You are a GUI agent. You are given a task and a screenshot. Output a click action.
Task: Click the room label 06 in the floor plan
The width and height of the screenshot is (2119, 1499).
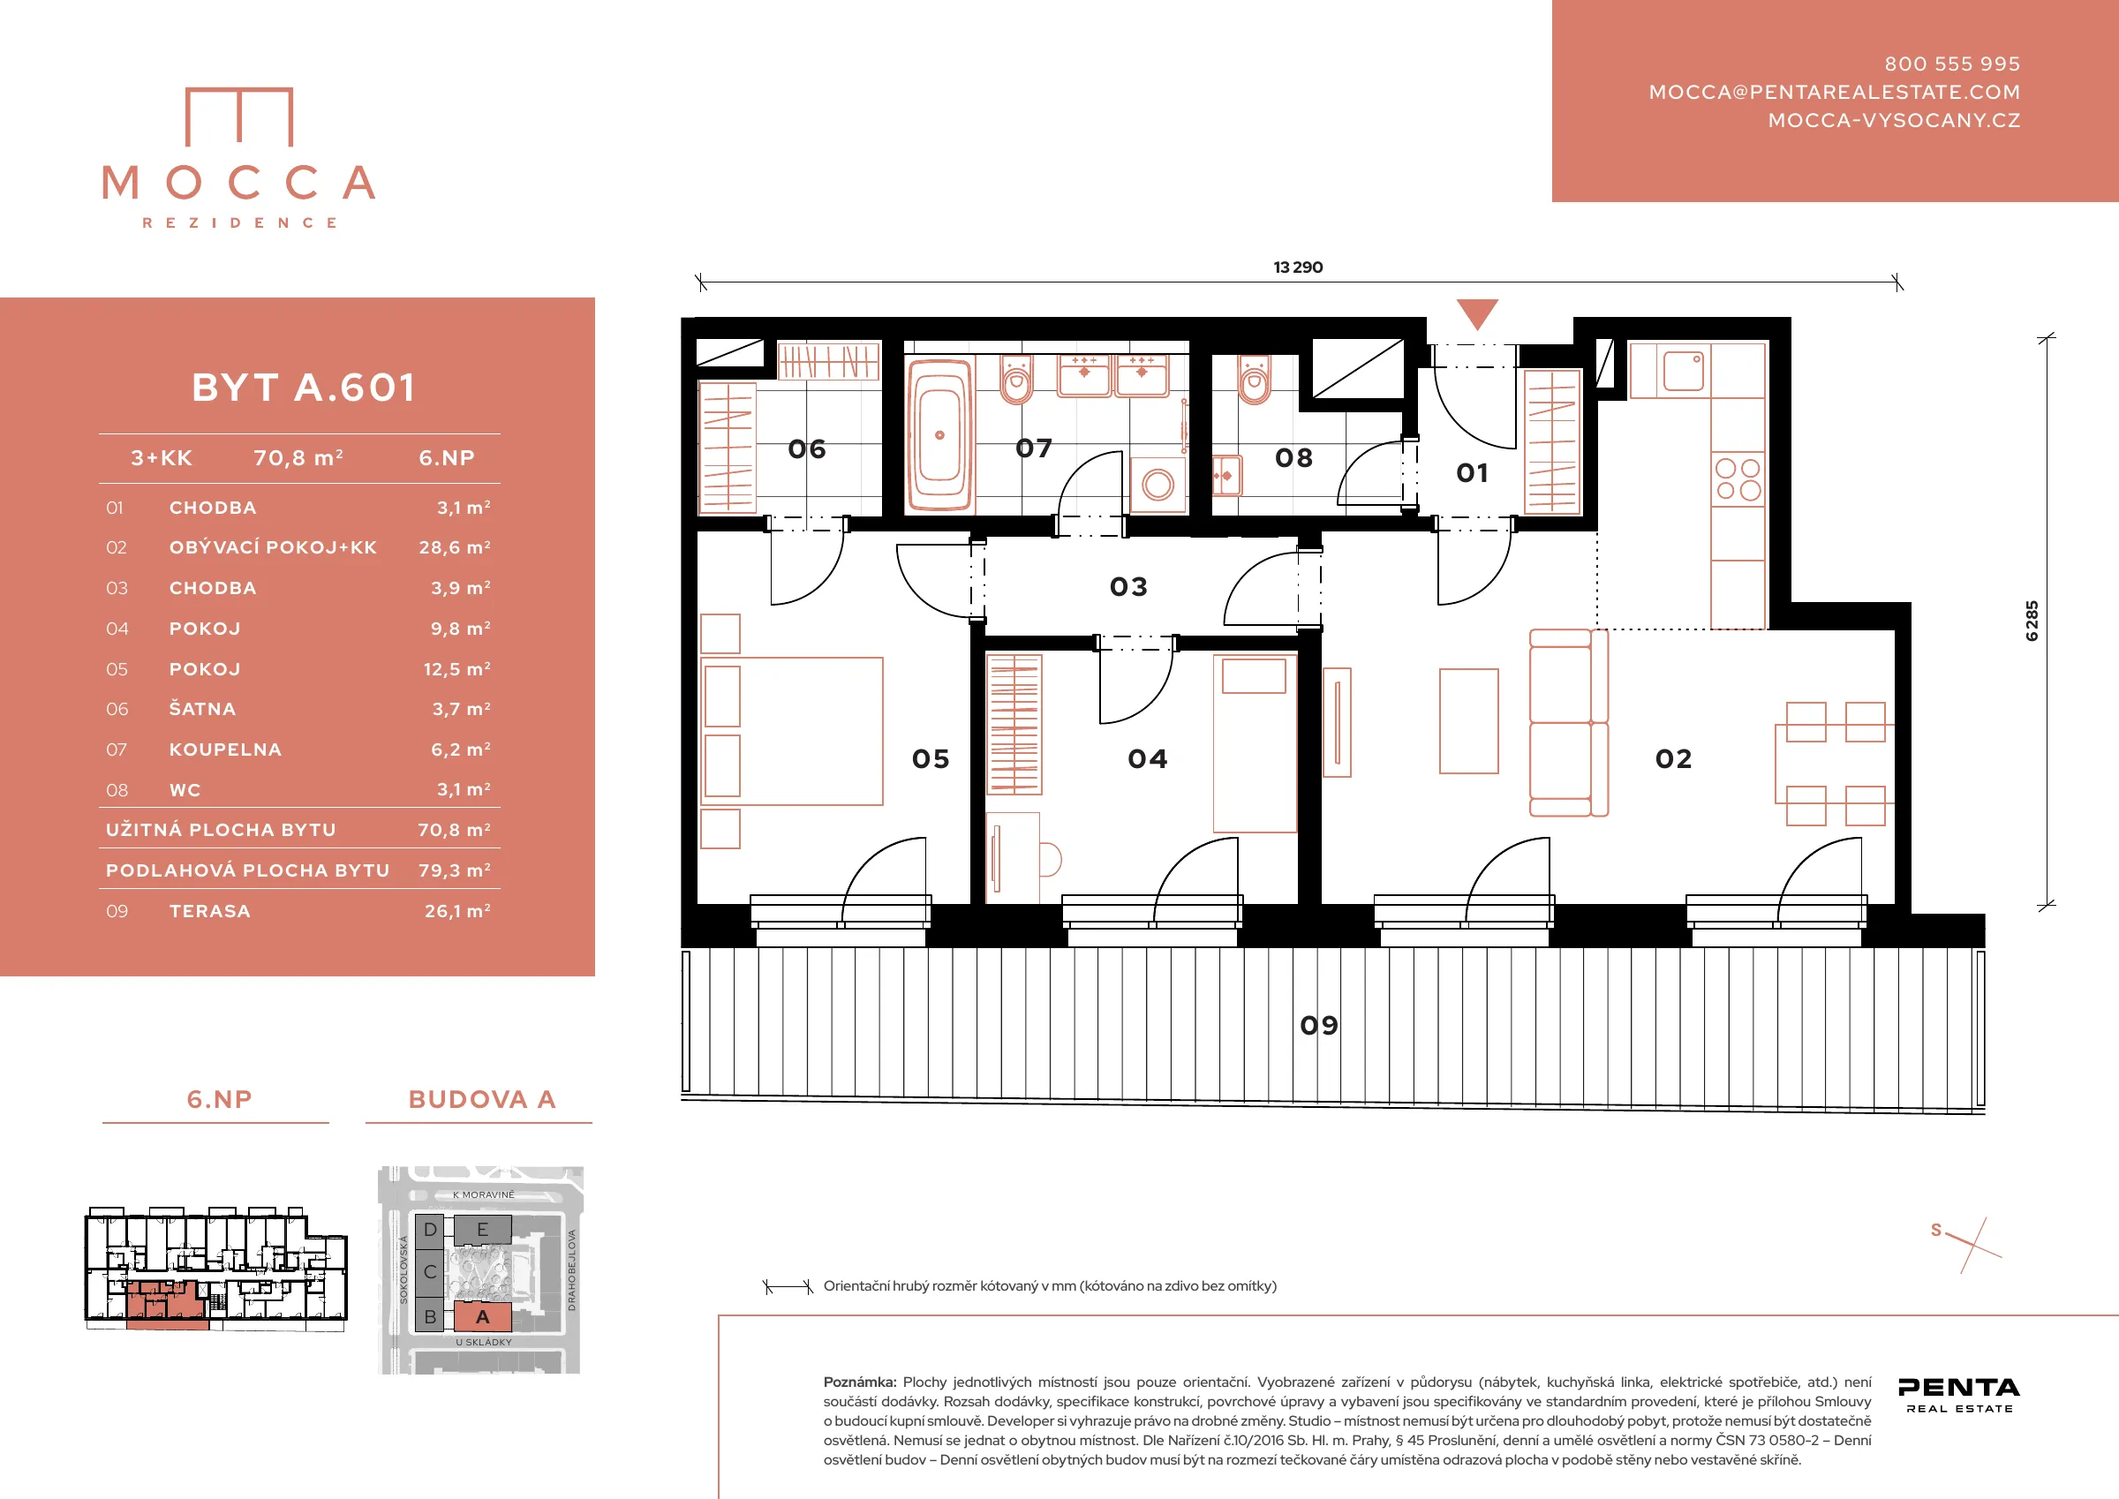(807, 449)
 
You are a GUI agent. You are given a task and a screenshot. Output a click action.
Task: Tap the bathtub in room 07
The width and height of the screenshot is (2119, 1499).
(939, 434)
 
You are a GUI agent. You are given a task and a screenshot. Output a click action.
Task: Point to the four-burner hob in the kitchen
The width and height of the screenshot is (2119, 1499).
(1738, 479)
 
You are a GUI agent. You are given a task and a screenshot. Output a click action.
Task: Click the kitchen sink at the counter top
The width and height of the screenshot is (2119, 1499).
(1684, 370)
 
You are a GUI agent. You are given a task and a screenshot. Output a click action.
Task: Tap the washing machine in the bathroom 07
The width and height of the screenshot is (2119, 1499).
(1158, 484)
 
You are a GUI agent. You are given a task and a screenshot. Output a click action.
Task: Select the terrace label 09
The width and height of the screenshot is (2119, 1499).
(1319, 1026)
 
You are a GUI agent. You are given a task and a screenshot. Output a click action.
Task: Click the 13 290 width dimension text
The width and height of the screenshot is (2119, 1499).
(1298, 267)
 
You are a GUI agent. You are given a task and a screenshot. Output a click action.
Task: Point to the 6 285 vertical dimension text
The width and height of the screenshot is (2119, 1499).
(2032, 621)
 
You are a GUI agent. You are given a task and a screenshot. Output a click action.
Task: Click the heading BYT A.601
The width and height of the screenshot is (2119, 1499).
(304, 388)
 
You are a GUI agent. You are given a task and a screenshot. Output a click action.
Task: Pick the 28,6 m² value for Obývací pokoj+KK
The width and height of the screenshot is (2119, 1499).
(455, 547)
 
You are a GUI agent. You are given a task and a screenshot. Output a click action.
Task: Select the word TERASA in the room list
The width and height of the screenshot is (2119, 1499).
(209, 911)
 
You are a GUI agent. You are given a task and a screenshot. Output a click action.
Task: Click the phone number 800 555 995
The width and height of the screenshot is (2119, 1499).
(1952, 64)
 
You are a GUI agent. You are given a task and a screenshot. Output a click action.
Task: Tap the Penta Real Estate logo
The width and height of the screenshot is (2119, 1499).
(1958, 1395)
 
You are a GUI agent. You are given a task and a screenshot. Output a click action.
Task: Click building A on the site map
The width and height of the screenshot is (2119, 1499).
(482, 1317)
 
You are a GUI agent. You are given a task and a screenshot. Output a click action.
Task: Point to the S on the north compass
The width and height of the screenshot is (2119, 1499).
(1936, 1231)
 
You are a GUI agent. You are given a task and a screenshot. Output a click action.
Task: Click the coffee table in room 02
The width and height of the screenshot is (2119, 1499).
(1468, 721)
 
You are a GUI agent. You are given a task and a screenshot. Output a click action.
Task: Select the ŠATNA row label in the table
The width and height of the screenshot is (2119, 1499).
(202, 709)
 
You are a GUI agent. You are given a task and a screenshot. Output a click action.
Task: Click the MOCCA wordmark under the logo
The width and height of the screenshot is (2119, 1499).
(239, 183)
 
